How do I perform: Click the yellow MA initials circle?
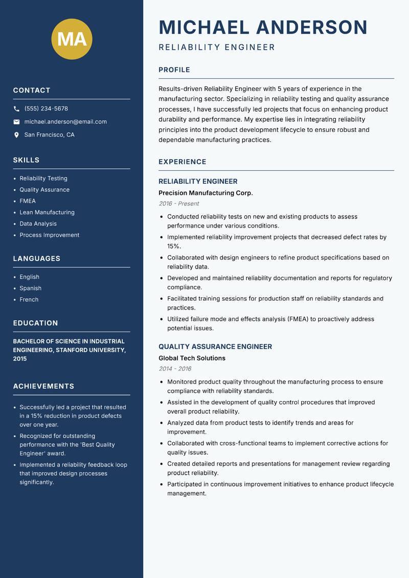pyautogui.click(x=72, y=39)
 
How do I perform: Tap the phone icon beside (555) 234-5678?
pyautogui.click(x=16, y=109)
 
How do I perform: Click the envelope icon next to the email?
pyautogui.click(x=16, y=122)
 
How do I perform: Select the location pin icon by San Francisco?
pyautogui.click(x=16, y=135)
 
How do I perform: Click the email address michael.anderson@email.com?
pyautogui.click(x=65, y=122)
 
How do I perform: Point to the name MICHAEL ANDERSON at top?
pyautogui.click(x=263, y=27)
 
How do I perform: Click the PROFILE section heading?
pyautogui.click(x=174, y=70)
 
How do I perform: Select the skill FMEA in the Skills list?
pyautogui.click(x=28, y=201)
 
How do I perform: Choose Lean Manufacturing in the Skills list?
pyautogui.click(x=47, y=212)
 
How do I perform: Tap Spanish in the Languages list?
pyautogui.click(x=31, y=288)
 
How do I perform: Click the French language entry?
pyautogui.click(x=29, y=299)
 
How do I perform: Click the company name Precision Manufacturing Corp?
pyautogui.click(x=206, y=193)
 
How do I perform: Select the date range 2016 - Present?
pyautogui.click(x=178, y=204)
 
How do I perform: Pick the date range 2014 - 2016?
pyautogui.click(x=175, y=369)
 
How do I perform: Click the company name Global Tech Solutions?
pyautogui.click(x=192, y=358)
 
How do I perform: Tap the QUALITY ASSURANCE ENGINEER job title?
pyautogui.click(x=215, y=346)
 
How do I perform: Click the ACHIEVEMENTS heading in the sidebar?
pyautogui.click(x=43, y=386)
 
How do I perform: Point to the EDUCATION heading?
pyautogui.click(x=35, y=323)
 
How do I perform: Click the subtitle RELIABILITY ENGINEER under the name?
pyautogui.click(x=217, y=48)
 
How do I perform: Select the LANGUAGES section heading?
pyautogui.click(x=37, y=259)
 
